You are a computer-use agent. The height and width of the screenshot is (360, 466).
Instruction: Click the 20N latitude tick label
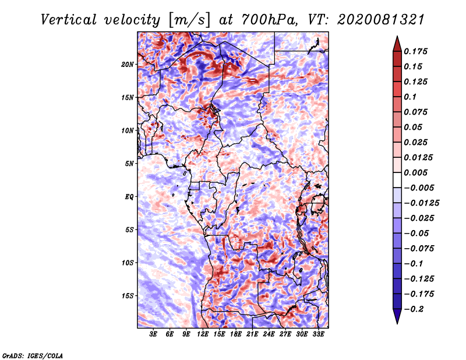click(128, 65)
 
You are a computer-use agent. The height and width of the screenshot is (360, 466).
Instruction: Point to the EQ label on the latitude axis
click(129, 197)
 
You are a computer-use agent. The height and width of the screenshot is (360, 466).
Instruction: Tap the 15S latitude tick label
click(128, 296)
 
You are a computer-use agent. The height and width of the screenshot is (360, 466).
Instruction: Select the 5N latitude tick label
click(129, 164)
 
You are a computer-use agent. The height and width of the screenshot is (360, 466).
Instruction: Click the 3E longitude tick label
click(153, 334)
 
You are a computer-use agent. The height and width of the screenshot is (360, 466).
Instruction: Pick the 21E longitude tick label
click(252, 334)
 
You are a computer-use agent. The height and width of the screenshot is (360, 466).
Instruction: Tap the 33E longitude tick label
click(318, 334)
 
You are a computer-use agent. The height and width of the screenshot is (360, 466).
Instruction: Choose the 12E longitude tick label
click(203, 334)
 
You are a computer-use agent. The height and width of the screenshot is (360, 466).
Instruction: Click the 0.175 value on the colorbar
click(415, 51)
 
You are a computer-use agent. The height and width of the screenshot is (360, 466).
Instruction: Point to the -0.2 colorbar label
click(414, 309)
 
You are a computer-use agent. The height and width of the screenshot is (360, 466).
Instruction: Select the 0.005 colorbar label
click(415, 172)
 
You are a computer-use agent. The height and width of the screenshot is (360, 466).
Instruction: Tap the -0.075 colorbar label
click(419, 249)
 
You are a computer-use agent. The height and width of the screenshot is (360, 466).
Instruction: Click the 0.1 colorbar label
click(410, 97)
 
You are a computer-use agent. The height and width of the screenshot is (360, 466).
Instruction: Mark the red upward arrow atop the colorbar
click(397, 44)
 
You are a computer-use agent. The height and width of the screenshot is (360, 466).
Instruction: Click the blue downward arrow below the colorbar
click(397, 316)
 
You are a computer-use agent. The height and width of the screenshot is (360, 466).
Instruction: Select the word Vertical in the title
click(69, 20)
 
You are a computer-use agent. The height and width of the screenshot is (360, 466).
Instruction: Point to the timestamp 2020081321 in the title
click(380, 20)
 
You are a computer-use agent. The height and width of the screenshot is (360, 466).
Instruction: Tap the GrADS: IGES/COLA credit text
click(33, 356)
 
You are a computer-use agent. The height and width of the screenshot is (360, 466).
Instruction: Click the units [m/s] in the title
click(189, 20)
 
